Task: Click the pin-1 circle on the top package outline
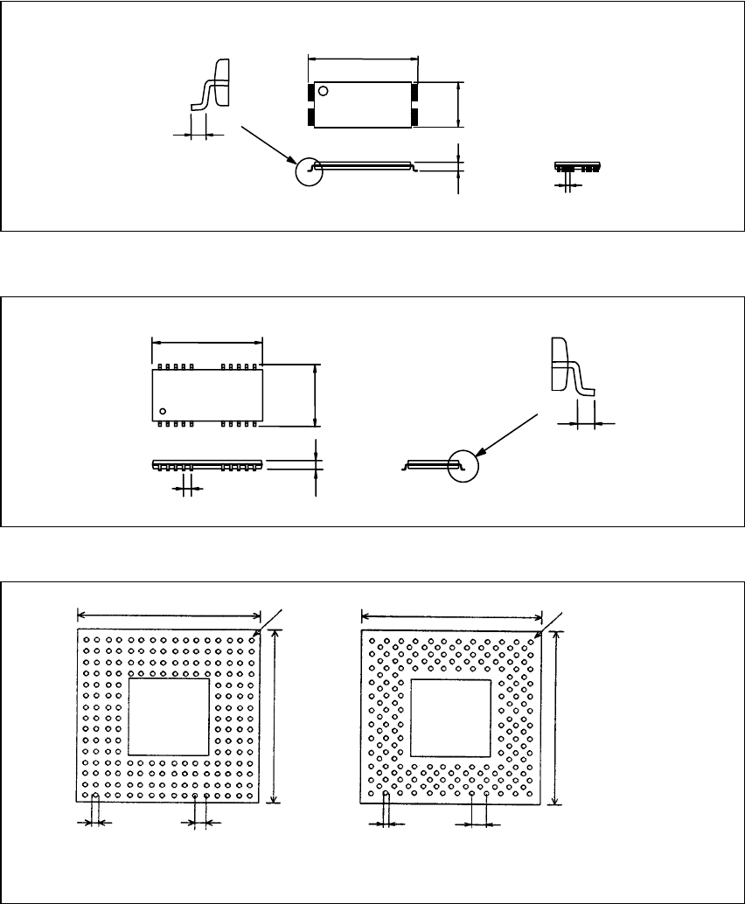pyautogui.click(x=324, y=91)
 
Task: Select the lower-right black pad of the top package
pyautogui.click(x=414, y=116)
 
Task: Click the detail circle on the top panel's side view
pyautogui.click(x=309, y=171)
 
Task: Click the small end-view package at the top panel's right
pyautogui.click(x=578, y=166)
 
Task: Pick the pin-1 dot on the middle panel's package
pyautogui.click(x=163, y=410)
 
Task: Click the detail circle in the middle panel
pyautogui.click(x=463, y=466)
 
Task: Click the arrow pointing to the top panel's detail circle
pyautogui.click(x=267, y=144)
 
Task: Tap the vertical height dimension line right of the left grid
pyautogui.click(x=275, y=717)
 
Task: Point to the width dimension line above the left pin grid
pyautogui.click(x=169, y=615)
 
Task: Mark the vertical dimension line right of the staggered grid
pyautogui.click(x=557, y=717)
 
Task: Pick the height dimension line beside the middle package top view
pyautogui.click(x=315, y=395)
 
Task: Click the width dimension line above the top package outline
pyautogui.click(x=364, y=59)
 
